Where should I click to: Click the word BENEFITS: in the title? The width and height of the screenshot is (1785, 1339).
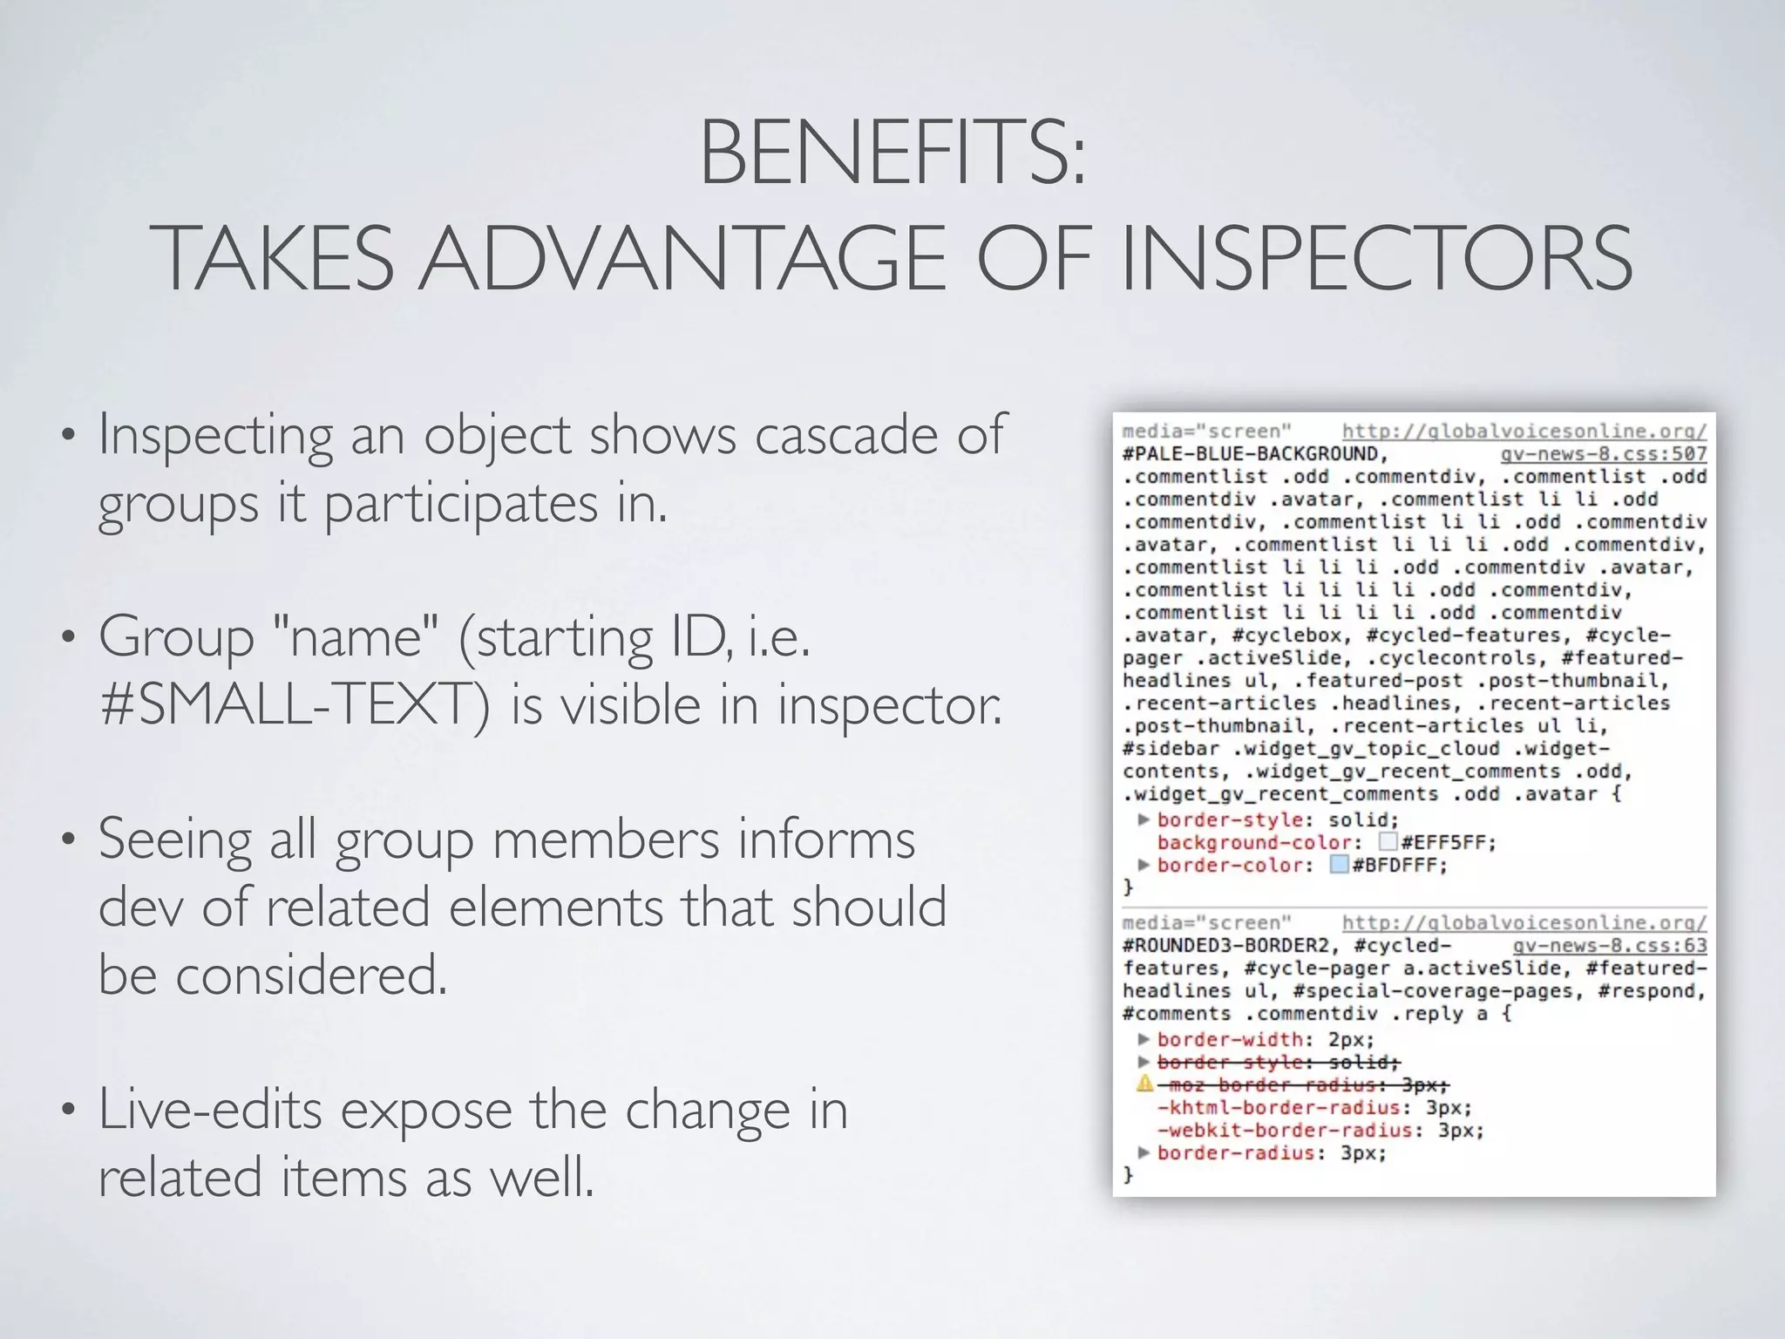tap(892, 155)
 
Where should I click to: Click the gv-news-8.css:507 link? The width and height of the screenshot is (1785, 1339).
tap(1603, 454)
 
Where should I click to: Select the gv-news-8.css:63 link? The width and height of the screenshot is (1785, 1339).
tap(1609, 946)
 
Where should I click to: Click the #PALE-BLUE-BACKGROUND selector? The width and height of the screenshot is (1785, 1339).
tap(1252, 454)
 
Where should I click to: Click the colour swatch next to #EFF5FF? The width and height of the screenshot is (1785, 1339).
tap(1388, 842)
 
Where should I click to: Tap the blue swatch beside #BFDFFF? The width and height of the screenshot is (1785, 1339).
tap(1340, 865)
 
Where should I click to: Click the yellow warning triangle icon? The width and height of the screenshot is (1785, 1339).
tap(1144, 1084)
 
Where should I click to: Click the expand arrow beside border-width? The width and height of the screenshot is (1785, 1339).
tap(1144, 1039)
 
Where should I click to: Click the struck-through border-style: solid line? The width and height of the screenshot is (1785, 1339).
tap(1278, 1063)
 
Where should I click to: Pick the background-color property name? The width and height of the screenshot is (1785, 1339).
tap(1255, 843)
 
